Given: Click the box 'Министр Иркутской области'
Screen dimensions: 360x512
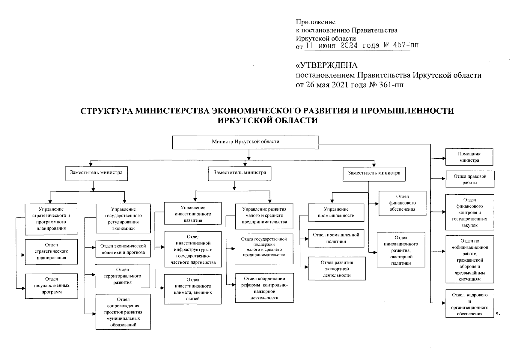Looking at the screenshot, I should [x=245, y=142].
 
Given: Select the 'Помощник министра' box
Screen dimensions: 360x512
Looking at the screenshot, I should [x=469, y=157].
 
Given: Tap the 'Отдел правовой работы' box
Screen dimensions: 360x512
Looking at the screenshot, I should [x=470, y=179].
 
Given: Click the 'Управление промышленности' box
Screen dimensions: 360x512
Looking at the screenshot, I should [x=336, y=212].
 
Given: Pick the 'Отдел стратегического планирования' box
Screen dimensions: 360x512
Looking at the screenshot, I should [x=51, y=252].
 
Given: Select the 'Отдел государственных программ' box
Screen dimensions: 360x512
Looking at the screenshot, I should [x=51, y=286].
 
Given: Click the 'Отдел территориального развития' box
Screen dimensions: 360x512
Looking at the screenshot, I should [x=122, y=276].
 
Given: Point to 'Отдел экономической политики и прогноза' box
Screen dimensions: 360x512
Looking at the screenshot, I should [x=123, y=249].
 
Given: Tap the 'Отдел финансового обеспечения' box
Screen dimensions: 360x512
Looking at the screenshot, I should [x=402, y=203].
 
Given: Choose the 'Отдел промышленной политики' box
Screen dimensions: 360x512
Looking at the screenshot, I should [x=336, y=238].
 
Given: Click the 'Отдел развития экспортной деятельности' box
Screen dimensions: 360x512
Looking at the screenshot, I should [x=337, y=268].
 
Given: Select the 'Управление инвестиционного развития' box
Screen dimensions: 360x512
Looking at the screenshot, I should [x=193, y=214].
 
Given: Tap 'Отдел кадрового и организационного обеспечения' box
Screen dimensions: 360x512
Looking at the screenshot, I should [x=469, y=304].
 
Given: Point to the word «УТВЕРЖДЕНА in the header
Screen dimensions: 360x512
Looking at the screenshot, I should [x=326, y=65].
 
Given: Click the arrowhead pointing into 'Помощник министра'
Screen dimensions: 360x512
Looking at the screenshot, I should [x=443, y=158].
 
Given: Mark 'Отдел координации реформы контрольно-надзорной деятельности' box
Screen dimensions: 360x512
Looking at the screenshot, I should [x=264, y=288].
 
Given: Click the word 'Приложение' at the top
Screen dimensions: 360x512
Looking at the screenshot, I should [x=316, y=22].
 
